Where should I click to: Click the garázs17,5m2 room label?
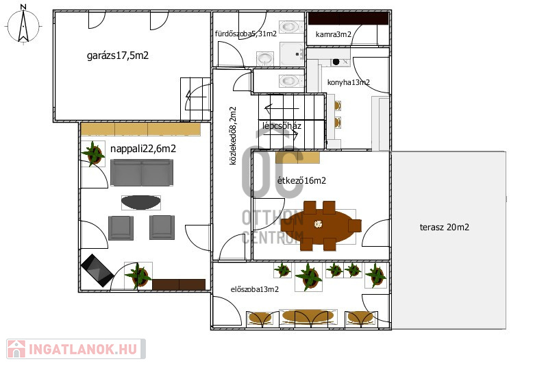(x=118, y=56)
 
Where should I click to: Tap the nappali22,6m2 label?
(x=143, y=149)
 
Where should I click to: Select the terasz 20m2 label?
(x=445, y=228)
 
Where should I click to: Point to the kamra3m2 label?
(x=333, y=34)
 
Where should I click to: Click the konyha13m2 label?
(x=349, y=82)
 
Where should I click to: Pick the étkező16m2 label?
(x=301, y=180)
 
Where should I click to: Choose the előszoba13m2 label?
(x=255, y=289)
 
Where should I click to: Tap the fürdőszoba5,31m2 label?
(x=246, y=34)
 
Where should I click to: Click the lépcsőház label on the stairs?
(x=282, y=125)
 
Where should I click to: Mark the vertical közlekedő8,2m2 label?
(x=233, y=136)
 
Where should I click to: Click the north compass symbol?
(x=23, y=25)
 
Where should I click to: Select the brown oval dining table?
(x=318, y=225)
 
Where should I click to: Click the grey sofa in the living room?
(x=142, y=173)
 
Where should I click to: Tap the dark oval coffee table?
(x=141, y=202)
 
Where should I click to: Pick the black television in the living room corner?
(x=97, y=270)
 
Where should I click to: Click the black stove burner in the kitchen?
(x=336, y=62)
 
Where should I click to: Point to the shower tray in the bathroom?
(x=292, y=54)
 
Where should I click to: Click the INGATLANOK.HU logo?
(x=75, y=349)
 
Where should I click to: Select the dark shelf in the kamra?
(x=348, y=19)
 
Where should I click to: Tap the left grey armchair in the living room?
(x=121, y=228)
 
